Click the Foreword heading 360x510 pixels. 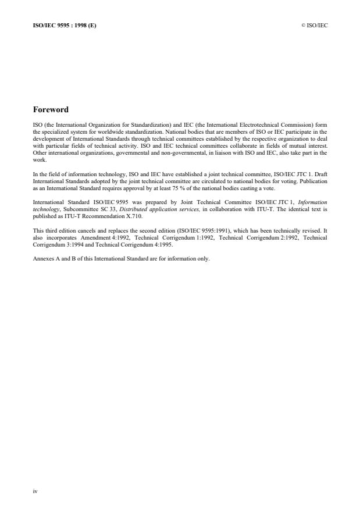click(51, 109)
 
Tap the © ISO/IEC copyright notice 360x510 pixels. click(314, 25)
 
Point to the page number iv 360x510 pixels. click(35, 491)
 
